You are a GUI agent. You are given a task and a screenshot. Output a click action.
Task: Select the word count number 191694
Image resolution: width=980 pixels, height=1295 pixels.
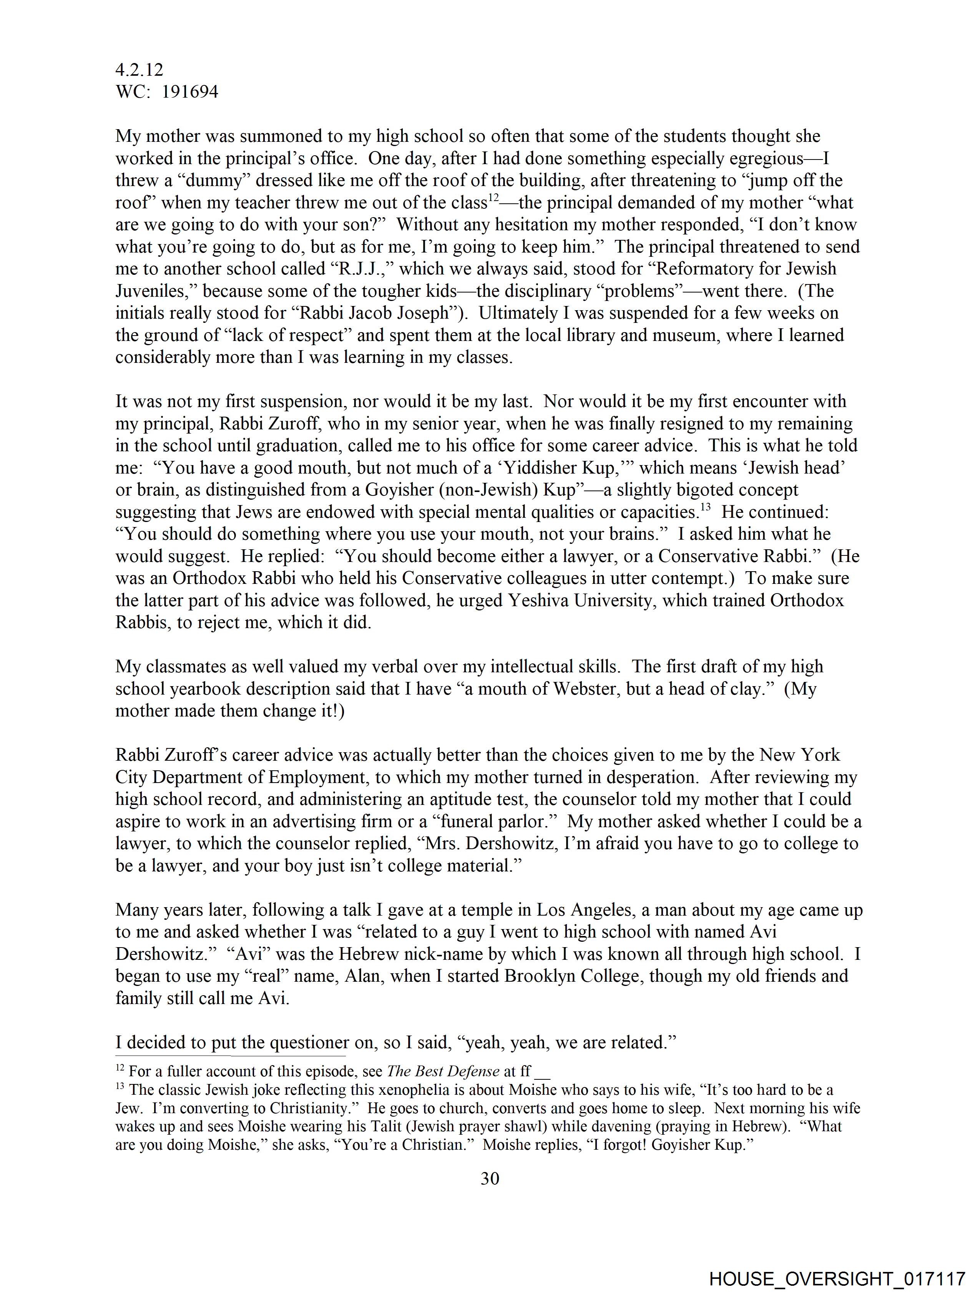click(190, 92)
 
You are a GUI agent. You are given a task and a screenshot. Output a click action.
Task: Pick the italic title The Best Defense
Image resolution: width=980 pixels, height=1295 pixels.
click(443, 1071)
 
